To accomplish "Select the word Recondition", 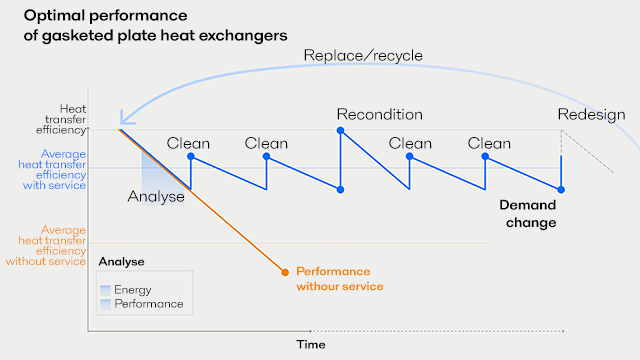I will click(379, 114).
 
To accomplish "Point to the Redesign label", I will click(591, 114).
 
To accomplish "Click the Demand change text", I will click(527, 213).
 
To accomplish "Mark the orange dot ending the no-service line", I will click(285, 271).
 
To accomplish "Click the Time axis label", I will click(310, 344).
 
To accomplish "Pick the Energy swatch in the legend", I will click(105, 290).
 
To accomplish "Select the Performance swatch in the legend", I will click(105, 303).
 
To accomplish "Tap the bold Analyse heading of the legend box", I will click(121, 262).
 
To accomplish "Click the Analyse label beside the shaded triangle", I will click(156, 196).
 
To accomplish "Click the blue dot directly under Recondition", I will click(341, 130).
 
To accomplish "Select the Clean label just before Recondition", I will click(266, 143).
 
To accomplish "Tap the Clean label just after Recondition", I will click(410, 143).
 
